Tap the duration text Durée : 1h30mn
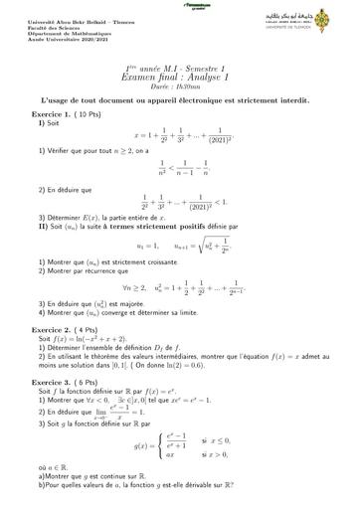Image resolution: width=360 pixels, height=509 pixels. [179, 85]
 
